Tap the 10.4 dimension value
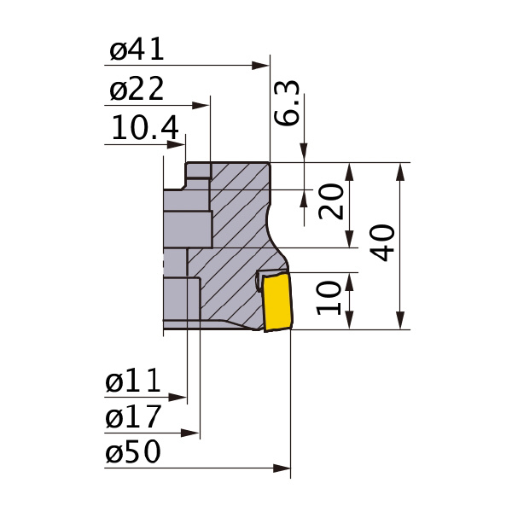coord(145,129)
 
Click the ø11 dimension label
coord(133,382)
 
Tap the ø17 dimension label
coord(133,418)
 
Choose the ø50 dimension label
coord(133,453)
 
